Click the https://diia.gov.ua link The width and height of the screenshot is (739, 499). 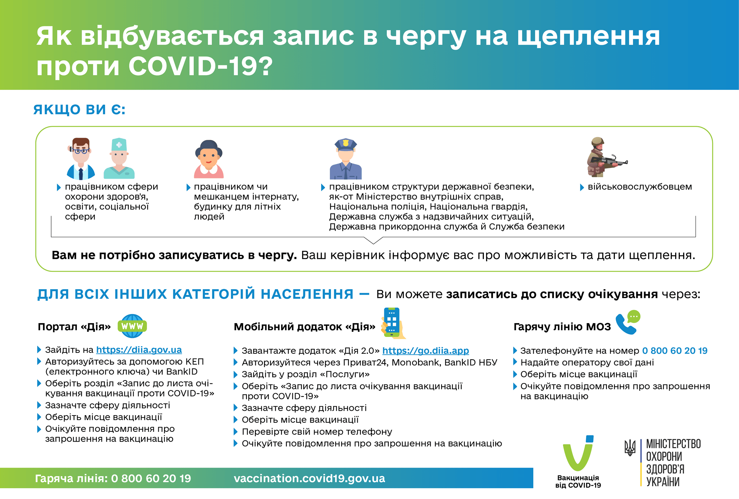coord(139,350)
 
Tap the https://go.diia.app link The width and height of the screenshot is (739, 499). coord(425,351)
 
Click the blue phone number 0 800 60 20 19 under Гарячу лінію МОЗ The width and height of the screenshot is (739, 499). coord(675,351)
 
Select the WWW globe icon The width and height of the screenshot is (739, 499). coord(132,326)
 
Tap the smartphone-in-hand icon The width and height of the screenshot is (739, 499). coord(393,323)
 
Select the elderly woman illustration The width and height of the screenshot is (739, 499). coord(209,159)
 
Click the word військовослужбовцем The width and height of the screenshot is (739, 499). coord(640,187)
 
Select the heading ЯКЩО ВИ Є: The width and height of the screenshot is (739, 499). coord(79,109)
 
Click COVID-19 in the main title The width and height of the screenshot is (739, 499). coord(200,66)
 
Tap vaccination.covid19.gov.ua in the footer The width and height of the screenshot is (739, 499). coord(309,478)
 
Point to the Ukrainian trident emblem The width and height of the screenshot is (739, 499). coord(630,448)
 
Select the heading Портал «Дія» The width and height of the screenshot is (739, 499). coord(74,327)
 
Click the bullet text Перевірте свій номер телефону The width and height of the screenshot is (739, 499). coord(317,432)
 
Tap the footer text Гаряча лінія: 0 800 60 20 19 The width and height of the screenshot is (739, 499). coord(113,478)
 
